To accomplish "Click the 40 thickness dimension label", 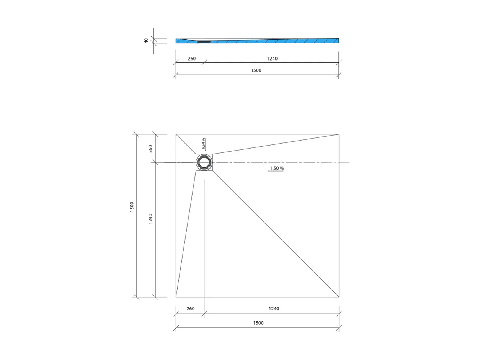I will click(x=146, y=41).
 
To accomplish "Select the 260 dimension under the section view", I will click(x=192, y=59).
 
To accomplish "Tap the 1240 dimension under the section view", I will click(x=272, y=59).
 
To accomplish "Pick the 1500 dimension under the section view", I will click(x=256, y=70).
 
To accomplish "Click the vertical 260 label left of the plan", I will click(x=150, y=148).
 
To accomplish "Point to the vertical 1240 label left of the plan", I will click(x=150, y=219).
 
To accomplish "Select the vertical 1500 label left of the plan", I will click(x=132, y=207).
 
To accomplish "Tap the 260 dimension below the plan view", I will click(x=191, y=309).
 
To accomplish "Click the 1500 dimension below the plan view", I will click(x=258, y=323).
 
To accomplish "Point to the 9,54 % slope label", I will click(x=204, y=143).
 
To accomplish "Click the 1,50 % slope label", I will click(x=276, y=168).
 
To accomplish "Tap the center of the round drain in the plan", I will click(x=204, y=162).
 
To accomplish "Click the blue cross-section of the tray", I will click(x=268, y=41).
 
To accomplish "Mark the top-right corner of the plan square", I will click(x=339, y=134).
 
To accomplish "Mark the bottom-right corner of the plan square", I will click(x=339, y=297).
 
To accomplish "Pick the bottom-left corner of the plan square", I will click(x=176, y=297).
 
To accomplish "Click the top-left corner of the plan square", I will click(x=176, y=134).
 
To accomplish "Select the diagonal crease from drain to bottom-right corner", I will click(x=276, y=234).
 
